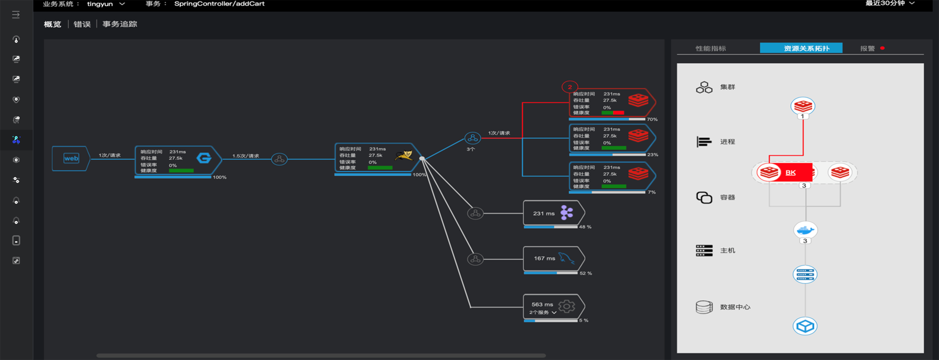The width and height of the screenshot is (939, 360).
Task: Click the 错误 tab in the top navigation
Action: click(x=82, y=24)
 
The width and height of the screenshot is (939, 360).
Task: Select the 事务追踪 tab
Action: click(x=120, y=24)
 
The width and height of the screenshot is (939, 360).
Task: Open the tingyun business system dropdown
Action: click(x=106, y=4)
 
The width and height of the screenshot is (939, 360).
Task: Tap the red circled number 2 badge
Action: click(x=570, y=87)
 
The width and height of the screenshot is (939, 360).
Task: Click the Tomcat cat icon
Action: click(x=404, y=156)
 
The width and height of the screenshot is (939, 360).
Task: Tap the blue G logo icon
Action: click(x=204, y=158)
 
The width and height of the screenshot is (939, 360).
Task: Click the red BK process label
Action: click(x=790, y=172)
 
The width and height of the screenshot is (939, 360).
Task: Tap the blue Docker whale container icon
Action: click(x=805, y=230)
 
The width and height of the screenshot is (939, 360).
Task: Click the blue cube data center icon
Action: click(x=805, y=326)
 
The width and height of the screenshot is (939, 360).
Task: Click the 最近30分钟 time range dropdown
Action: click(x=889, y=3)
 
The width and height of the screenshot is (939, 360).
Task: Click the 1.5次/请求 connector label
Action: click(x=246, y=156)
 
